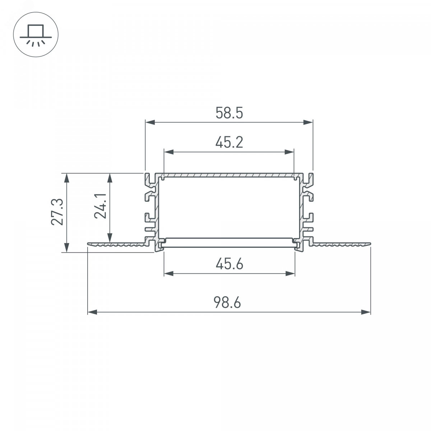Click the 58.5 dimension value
pos(229,113)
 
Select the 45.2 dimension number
pos(229,142)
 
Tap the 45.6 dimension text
pos(229,264)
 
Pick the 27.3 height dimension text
pos(57,212)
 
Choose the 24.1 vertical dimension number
pos(100,206)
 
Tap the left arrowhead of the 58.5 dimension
pos(150,122)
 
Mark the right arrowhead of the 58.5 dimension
pos(308,122)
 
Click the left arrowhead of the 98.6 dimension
pos(92,312)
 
